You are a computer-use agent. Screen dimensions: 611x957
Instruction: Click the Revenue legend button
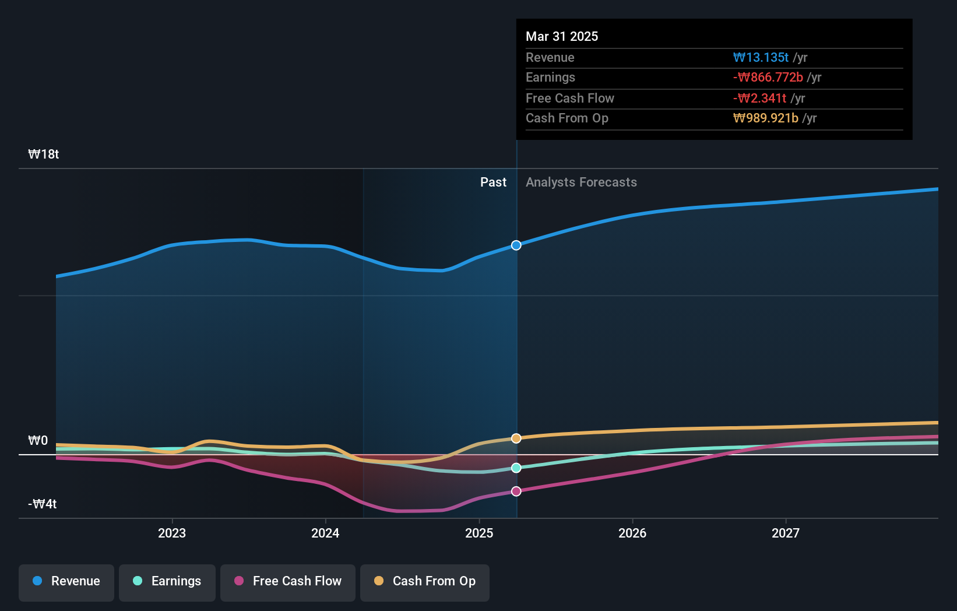pyautogui.click(x=66, y=581)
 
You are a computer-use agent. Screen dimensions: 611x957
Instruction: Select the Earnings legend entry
pyautogui.click(x=167, y=581)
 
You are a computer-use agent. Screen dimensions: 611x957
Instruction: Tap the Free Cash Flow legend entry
pyautogui.click(x=288, y=581)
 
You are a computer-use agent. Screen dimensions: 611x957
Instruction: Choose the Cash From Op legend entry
pyautogui.click(x=425, y=581)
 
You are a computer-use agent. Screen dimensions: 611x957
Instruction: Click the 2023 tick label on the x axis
pyautogui.click(x=172, y=533)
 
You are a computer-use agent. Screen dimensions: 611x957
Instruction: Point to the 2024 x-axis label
pyautogui.click(x=325, y=533)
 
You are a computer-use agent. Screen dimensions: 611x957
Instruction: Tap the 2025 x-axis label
pyautogui.click(x=479, y=533)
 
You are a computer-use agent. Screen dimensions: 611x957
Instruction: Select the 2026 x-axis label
pyautogui.click(x=632, y=533)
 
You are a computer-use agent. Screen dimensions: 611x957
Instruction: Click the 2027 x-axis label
pyautogui.click(x=786, y=533)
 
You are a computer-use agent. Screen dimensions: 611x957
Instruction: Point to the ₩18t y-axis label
pyautogui.click(x=44, y=154)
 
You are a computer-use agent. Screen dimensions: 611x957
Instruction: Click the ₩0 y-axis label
pyautogui.click(x=38, y=441)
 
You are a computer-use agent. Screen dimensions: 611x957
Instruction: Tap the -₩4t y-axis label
pyautogui.click(x=43, y=504)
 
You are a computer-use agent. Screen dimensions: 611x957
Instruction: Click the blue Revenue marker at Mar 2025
pyautogui.click(x=516, y=245)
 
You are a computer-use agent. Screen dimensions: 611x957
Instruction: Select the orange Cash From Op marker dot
pyautogui.click(x=516, y=438)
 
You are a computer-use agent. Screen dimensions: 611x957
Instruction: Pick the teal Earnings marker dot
pyautogui.click(x=516, y=468)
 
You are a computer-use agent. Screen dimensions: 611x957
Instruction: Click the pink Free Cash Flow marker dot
pyautogui.click(x=516, y=491)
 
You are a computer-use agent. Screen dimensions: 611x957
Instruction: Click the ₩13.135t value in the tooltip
pyautogui.click(x=761, y=58)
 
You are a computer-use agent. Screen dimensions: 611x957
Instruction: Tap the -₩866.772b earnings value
pyautogui.click(x=768, y=78)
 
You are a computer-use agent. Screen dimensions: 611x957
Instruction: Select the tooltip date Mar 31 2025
pyautogui.click(x=562, y=36)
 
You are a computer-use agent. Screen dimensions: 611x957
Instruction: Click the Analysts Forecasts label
pyautogui.click(x=581, y=182)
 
